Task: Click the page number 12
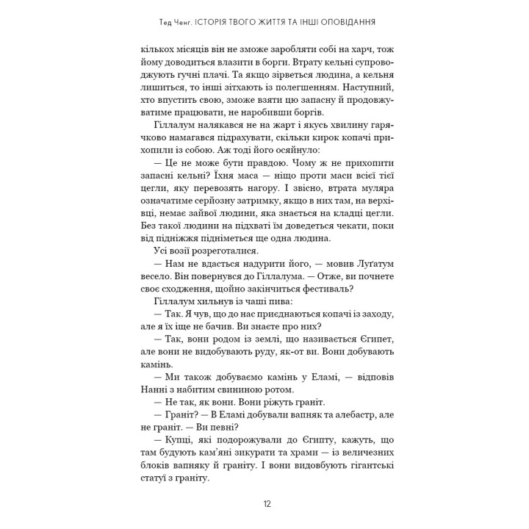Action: pyautogui.click(x=266, y=504)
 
